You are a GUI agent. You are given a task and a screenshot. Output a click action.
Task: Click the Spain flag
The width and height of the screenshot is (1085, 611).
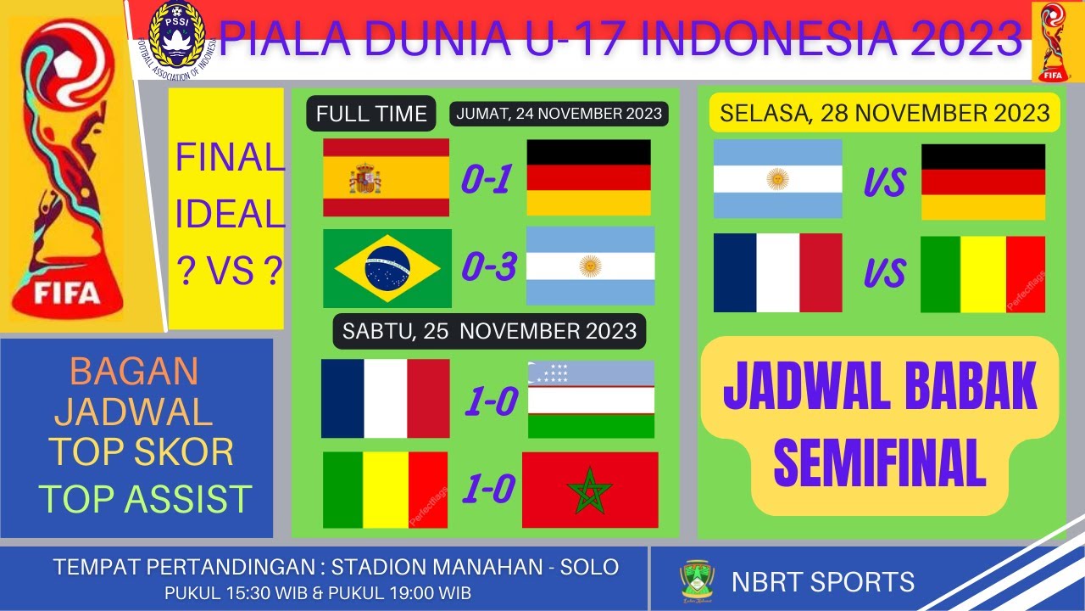386,177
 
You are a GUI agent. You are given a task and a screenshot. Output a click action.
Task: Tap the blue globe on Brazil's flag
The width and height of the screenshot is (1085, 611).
387,268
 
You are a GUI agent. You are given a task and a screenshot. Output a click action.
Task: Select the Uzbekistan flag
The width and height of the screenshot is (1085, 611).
591,399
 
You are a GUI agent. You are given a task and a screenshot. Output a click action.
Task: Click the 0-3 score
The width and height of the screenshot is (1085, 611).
488,268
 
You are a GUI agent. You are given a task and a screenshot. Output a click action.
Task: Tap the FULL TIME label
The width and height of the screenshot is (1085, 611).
371,115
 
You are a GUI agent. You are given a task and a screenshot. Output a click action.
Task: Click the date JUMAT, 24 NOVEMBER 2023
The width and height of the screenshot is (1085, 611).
559,114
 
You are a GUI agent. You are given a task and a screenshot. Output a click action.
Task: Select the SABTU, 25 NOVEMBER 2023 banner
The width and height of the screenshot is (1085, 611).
489,331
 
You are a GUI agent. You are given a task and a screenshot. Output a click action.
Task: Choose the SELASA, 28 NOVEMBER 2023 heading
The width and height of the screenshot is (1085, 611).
885,113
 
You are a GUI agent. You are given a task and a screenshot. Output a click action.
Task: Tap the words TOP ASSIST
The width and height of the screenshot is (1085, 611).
146,499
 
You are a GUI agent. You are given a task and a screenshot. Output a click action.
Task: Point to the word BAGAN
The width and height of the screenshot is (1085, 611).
134,371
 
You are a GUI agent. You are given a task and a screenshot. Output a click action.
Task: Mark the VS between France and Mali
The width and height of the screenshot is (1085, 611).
885,273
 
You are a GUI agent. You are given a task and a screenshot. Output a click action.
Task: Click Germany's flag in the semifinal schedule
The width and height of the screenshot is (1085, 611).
982,182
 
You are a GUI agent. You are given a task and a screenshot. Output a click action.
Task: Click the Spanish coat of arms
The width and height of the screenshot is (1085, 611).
365,180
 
